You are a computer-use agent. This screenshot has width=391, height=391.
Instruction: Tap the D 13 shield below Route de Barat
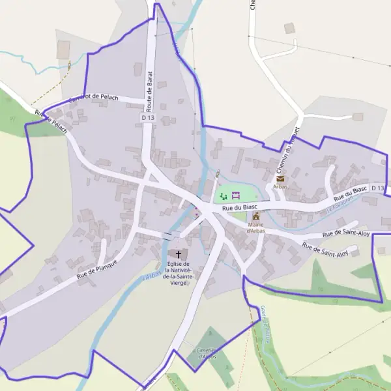pyautogui.click(x=147, y=117)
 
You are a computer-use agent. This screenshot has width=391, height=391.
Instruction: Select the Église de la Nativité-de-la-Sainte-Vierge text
pyautogui.click(x=178, y=273)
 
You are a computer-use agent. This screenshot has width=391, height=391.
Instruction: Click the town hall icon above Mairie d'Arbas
pyautogui.click(x=256, y=216)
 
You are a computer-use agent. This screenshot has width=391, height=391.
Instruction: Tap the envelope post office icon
pyautogui.click(x=280, y=178)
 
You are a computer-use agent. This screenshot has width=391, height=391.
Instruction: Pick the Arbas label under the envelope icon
pyautogui.click(x=280, y=186)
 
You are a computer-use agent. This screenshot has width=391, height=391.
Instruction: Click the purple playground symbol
pyautogui.click(x=236, y=195)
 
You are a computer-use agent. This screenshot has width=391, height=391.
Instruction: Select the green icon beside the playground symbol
pyautogui.click(x=224, y=196)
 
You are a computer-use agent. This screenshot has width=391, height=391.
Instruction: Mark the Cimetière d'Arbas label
pyautogui.click(x=206, y=353)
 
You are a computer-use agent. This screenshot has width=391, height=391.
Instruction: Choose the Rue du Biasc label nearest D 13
pyautogui.click(x=351, y=194)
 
